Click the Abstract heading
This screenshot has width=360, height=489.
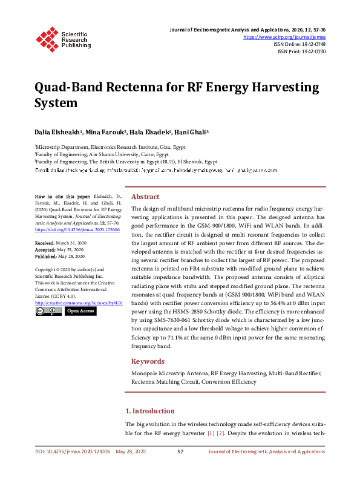click(145, 197)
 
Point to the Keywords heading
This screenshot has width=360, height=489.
click(148, 361)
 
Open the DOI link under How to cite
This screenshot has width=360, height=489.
click(77, 230)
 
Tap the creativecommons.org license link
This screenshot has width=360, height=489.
click(79, 302)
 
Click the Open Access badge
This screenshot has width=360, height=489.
click(80, 310)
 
